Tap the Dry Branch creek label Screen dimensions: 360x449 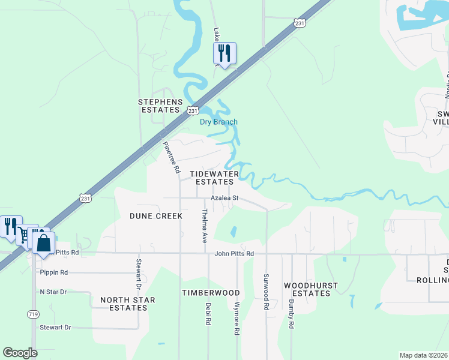tap(218, 122)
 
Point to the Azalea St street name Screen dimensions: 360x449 tap(224, 198)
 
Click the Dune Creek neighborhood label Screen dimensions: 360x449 tap(155, 215)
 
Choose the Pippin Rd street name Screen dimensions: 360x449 tap(54, 272)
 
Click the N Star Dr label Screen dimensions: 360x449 tap(53, 292)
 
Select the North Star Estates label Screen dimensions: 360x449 tap(128, 304)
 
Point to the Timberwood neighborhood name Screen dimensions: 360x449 tap(211, 293)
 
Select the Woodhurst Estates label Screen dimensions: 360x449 tap(307, 289)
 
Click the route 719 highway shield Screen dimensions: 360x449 tap(33, 314)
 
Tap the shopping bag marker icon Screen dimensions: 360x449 tap(43, 243)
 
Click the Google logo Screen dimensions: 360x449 tap(20, 352)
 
